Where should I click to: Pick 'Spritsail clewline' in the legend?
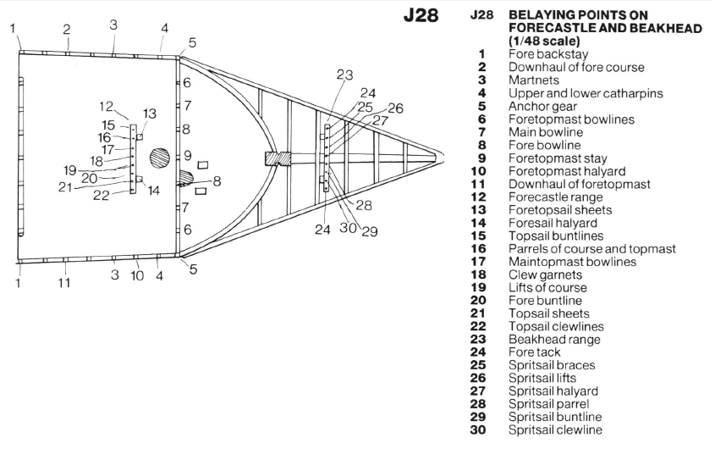(556, 430)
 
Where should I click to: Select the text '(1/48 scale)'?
(544, 41)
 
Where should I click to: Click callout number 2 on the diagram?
(66, 30)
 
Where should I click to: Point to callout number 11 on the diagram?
(65, 282)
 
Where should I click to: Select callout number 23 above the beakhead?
(344, 75)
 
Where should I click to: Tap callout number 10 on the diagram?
(137, 275)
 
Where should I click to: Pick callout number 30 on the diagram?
(348, 228)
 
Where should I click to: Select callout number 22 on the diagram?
(102, 197)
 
